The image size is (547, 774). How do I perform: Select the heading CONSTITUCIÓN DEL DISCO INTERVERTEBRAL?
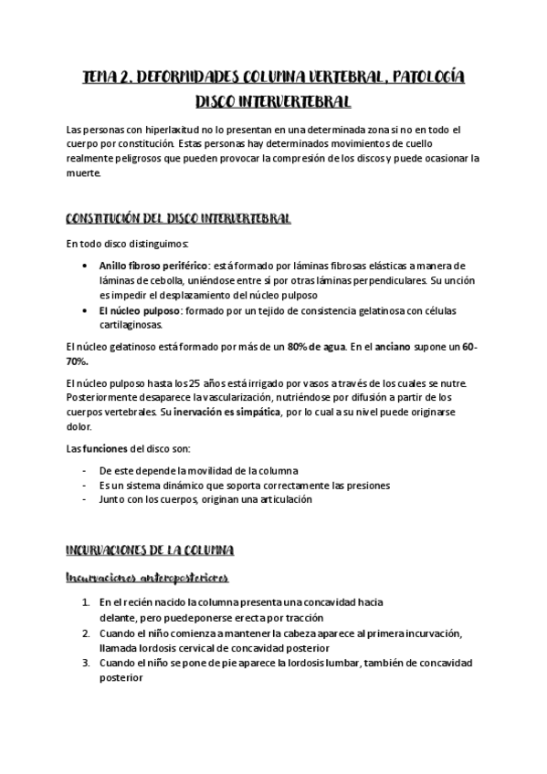click(x=179, y=219)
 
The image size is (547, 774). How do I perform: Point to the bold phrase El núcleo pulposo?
click(x=140, y=310)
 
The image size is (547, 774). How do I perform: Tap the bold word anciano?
click(x=419, y=347)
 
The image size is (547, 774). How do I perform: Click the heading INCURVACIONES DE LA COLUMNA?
click(x=151, y=550)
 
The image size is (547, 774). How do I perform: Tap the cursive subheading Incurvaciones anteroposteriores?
click(x=147, y=578)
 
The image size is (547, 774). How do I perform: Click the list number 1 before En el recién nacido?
click(x=85, y=603)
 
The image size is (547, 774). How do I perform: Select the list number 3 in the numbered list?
click(x=85, y=664)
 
